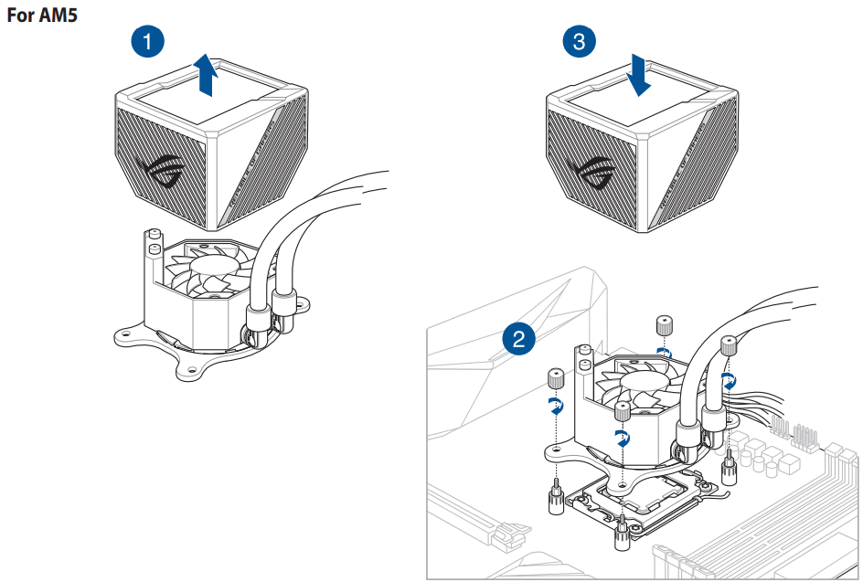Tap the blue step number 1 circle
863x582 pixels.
point(148,40)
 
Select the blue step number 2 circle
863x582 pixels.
point(518,341)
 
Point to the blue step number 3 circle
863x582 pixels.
point(579,40)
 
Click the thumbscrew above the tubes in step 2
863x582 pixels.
point(665,325)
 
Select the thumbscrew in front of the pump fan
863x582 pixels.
point(623,410)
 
